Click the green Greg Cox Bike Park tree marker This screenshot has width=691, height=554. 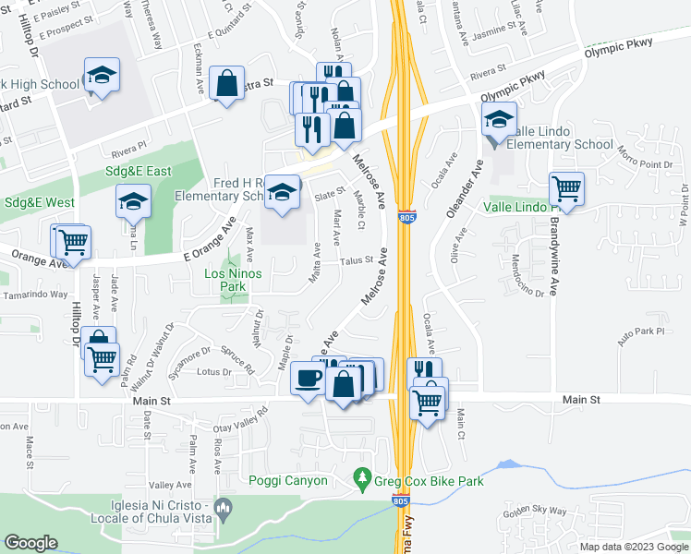pyautogui.click(x=363, y=478)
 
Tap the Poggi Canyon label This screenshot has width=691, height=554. pyautogui.click(x=288, y=480)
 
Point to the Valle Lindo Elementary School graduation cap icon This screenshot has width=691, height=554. pyautogui.click(x=499, y=119)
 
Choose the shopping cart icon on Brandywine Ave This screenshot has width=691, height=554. pyautogui.click(x=566, y=189)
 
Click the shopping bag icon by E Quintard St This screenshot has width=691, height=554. pyautogui.click(x=226, y=84)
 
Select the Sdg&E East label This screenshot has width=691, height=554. pyautogui.click(x=139, y=171)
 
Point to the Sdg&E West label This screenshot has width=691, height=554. pyautogui.click(x=40, y=202)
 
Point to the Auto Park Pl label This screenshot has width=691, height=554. pyautogui.click(x=641, y=331)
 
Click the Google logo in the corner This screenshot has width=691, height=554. pyautogui.click(x=31, y=543)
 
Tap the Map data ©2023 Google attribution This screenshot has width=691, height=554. pyautogui.click(x=633, y=547)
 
